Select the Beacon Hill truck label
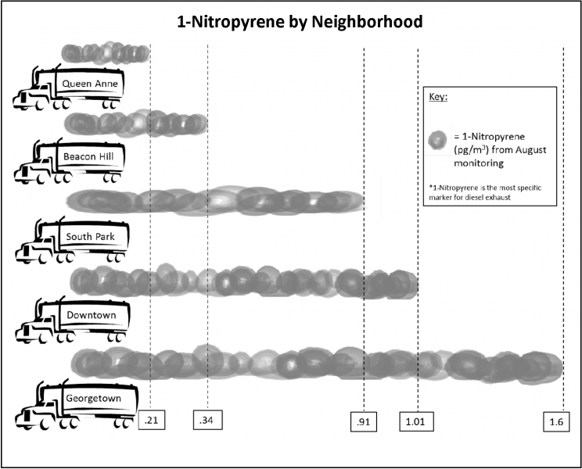[88, 156]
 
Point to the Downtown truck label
[92, 315]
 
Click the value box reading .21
[151, 421]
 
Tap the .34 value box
[206, 421]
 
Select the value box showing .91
[364, 422]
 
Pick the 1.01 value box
[415, 422]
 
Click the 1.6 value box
[556, 422]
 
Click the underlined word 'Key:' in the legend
[438, 97]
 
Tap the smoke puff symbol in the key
[438, 141]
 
